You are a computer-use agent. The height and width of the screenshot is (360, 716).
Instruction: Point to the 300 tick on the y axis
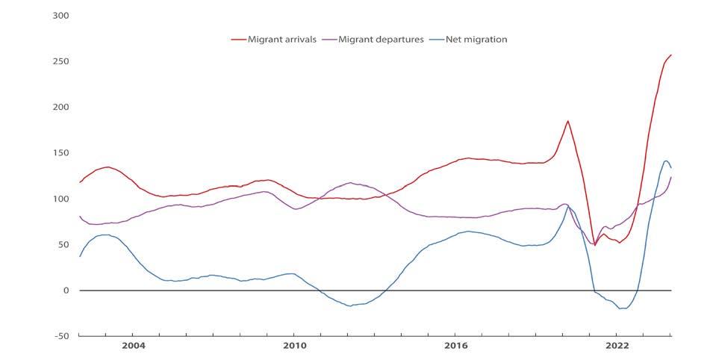pos(59,15)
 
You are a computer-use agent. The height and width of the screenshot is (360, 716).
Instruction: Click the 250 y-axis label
pos(59,60)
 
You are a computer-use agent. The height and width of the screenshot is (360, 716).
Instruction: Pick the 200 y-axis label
pos(59,107)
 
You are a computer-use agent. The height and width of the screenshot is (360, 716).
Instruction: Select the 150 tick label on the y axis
pos(59,152)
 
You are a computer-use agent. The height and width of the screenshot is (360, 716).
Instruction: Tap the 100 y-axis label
pos(59,199)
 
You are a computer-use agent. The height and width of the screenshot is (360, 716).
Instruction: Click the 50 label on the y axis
pos(62,244)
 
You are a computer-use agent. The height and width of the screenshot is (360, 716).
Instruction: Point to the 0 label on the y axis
pos(65,291)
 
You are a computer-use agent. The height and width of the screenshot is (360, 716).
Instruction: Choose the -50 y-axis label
pos(60,336)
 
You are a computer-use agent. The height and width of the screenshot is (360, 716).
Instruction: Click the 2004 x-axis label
pos(133,346)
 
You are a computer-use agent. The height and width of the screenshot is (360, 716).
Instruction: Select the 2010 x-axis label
pos(294,346)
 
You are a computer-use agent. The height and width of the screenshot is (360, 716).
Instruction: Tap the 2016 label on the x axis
pos(455,346)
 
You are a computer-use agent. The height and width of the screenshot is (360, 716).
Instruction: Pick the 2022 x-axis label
pos(617,346)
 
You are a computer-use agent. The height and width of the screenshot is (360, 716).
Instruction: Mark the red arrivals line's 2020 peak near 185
pos(568,121)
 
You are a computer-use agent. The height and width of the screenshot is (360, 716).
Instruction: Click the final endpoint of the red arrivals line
pos(671,55)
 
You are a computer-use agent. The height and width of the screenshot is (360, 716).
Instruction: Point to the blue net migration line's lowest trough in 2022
pos(621,308)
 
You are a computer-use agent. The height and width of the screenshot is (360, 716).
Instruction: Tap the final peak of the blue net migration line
pos(666,161)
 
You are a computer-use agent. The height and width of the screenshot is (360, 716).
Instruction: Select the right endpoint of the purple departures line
pos(671,177)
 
